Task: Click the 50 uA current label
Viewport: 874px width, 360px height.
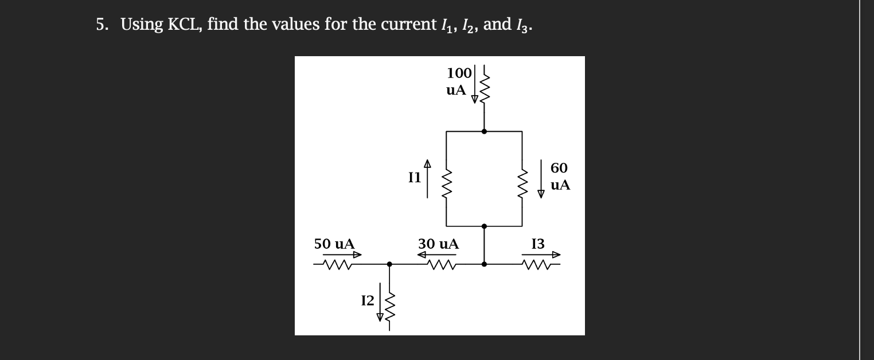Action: click(x=334, y=244)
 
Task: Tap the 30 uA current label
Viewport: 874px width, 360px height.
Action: click(x=438, y=244)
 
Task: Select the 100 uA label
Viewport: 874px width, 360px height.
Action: click(x=458, y=81)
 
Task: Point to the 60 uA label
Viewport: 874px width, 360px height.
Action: click(x=560, y=177)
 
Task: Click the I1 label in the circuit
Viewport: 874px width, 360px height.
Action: click(x=414, y=177)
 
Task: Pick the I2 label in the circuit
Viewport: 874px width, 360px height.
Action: click(x=367, y=300)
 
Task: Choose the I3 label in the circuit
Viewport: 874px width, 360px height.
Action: click(x=538, y=244)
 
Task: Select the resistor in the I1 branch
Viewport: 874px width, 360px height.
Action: click(x=447, y=178)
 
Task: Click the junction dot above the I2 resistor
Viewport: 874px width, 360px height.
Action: click(x=389, y=264)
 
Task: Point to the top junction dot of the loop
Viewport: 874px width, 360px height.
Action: click(x=485, y=131)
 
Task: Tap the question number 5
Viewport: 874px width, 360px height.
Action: click(x=101, y=25)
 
